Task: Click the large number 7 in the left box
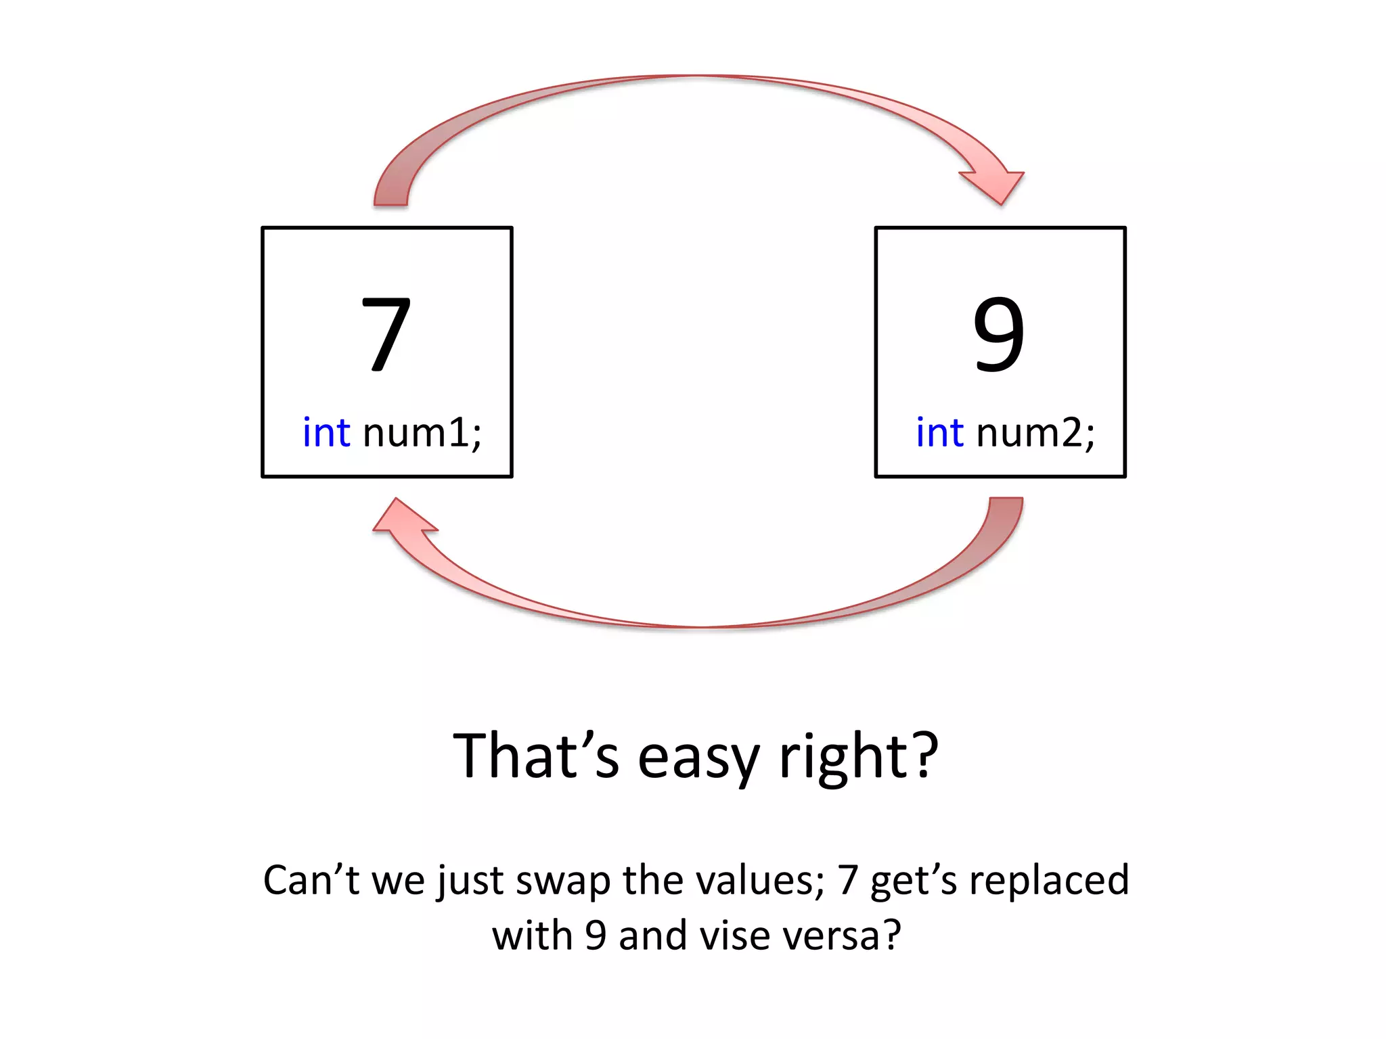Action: click(386, 334)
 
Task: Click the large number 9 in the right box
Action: click(999, 334)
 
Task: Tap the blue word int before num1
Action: click(326, 432)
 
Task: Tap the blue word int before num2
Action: click(939, 432)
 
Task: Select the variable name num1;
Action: click(422, 432)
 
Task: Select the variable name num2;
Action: click(1035, 432)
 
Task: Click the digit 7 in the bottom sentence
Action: click(848, 880)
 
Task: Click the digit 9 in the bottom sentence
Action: click(595, 936)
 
